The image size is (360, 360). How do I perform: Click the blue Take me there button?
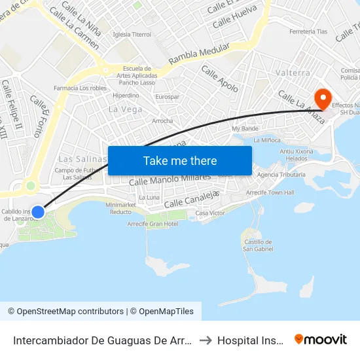coord(179,160)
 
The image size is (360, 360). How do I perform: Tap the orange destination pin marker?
coord(323,99)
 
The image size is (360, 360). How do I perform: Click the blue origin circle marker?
coord(38,212)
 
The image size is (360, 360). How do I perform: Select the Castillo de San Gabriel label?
coord(257,245)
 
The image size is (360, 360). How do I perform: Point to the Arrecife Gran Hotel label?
coord(153,224)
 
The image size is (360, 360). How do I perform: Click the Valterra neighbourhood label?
coord(292,73)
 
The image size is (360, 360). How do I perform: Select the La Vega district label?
coord(125,109)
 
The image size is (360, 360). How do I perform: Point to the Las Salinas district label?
coord(82,159)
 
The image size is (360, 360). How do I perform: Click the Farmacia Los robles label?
coord(80,88)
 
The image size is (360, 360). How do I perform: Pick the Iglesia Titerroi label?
coord(132,34)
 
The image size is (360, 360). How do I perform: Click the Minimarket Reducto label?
coord(121,208)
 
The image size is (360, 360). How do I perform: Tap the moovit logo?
coord(320,339)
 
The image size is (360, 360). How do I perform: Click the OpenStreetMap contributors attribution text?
coord(65,312)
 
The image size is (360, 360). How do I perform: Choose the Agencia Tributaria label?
coord(281,175)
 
